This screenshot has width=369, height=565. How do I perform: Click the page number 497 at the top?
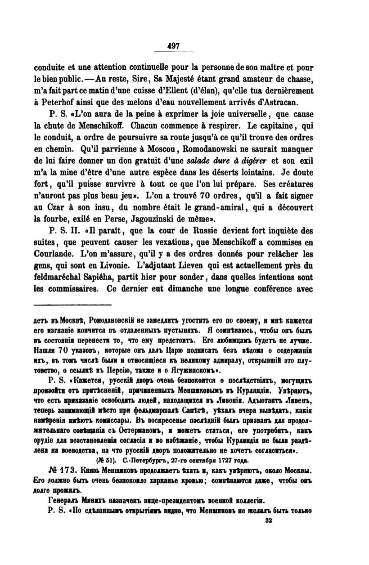point(173,45)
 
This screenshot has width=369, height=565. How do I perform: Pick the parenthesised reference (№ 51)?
point(106,461)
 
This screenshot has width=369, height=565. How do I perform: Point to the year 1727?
point(221,461)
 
